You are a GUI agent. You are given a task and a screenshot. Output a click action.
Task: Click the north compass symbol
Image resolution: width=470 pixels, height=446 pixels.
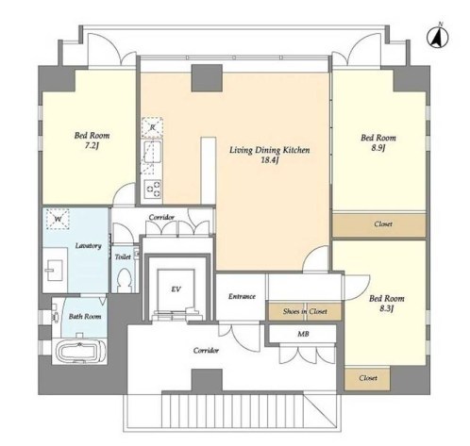[x=437, y=37]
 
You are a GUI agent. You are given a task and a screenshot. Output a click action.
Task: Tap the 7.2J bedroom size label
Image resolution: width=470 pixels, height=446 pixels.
[x=92, y=145]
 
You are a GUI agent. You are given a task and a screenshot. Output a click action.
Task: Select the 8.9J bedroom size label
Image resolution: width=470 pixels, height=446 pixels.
[x=378, y=148]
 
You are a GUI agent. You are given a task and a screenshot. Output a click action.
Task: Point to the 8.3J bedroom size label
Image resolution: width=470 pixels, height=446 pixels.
[x=387, y=308]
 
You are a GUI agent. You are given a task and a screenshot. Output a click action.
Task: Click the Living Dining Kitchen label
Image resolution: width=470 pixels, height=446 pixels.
[x=269, y=150]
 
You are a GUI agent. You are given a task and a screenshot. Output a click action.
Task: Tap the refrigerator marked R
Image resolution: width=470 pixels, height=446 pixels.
[x=152, y=127]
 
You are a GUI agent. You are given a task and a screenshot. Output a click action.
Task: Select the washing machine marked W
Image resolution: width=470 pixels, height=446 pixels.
[x=58, y=219]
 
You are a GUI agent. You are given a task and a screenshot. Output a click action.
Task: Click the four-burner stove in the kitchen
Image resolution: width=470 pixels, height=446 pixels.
[x=153, y=188]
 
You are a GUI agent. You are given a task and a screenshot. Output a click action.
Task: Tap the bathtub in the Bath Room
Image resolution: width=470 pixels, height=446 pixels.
[x=81, y=351]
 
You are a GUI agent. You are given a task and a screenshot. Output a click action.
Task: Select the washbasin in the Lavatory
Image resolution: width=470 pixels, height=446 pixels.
[x=56, y=271]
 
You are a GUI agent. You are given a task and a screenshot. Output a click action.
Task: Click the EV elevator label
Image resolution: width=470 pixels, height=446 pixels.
[x=176, y=289]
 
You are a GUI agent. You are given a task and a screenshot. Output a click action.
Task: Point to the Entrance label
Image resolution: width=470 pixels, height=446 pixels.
[x=242, y=296]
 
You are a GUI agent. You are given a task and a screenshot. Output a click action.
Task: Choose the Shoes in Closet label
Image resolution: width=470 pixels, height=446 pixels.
[x=305, y=311]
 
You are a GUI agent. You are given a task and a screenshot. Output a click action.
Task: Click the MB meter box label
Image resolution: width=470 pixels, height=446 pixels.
[x=303, y=334]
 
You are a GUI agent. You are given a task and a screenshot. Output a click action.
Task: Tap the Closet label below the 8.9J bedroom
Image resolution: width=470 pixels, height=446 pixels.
[x=383, y=224]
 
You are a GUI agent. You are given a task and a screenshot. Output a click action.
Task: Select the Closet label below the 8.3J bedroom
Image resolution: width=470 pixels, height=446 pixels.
[x=368, y=378]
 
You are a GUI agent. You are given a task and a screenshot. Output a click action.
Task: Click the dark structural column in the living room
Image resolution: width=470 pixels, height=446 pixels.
[x=207, y=78]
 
